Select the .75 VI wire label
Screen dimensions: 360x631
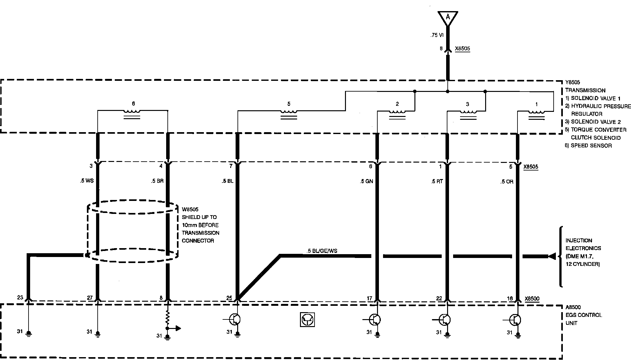[x=437, y=35]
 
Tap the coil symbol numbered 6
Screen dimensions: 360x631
[x=132, y=111]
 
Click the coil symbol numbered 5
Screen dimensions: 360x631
[x=289, y=112]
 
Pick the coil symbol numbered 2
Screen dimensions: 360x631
[x=397, y=112]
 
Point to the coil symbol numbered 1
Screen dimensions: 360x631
[x=536, y=112]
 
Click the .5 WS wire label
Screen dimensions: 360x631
[x=87, y=181]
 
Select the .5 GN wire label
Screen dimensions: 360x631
[x=367, y=181]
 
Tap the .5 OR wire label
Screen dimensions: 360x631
[x=506, y=182]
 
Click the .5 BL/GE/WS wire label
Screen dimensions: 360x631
[x=322, y=251]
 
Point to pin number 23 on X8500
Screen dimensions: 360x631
[x=20, y=298]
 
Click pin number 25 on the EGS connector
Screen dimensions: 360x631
[x=229, y=298]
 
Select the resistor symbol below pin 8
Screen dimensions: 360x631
[x=168, y=317]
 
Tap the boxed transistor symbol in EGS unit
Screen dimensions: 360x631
[x=307, y=319]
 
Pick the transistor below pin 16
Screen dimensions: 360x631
[x=515, y=320]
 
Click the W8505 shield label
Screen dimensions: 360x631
[x=190, y=209]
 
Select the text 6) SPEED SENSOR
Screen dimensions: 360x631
[x=589, y=145]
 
